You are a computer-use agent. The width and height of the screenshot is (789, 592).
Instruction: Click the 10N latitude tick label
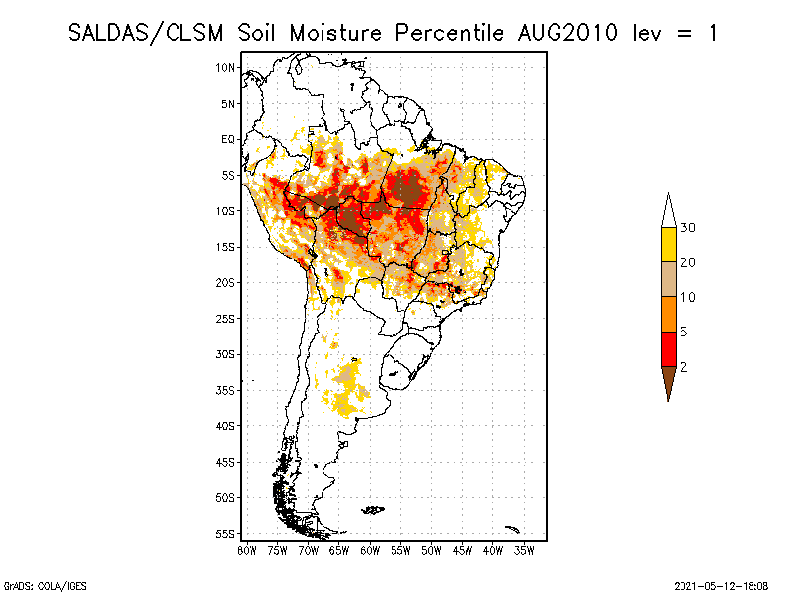tap(226, 67)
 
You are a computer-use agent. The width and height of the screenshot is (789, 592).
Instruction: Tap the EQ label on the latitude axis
tap(228, 139)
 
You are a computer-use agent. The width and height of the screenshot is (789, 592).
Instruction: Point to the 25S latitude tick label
tap(226, 318)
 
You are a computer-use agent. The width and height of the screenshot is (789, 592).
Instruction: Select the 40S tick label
tap(226, 425)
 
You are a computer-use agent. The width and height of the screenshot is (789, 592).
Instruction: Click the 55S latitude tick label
tap(226, 533)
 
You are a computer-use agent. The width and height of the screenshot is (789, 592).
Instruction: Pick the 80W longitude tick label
tap(247, 549)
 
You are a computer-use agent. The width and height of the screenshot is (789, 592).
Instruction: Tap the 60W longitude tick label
tap(370, 549)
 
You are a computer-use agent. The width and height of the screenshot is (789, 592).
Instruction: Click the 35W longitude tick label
tap(524, 549)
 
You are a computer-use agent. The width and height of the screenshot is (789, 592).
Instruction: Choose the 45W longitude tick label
tap(463, 549)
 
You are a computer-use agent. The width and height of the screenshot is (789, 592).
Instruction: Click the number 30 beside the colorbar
tap(688, 228)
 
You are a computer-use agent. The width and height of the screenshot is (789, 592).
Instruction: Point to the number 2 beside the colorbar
tap(683, 366)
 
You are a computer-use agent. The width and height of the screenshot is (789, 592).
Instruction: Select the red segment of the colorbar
tap(668, 348)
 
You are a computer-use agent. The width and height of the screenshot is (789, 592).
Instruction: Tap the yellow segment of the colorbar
tap(668, 245)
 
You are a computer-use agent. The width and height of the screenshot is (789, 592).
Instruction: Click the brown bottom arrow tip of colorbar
tap(668, 382)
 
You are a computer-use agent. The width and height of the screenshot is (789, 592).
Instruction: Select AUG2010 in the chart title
tap(568, 33)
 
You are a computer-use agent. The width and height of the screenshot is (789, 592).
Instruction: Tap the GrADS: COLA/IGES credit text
tap(34, 585)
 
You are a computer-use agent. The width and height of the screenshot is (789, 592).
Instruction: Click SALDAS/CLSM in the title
tap(148, 33)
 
